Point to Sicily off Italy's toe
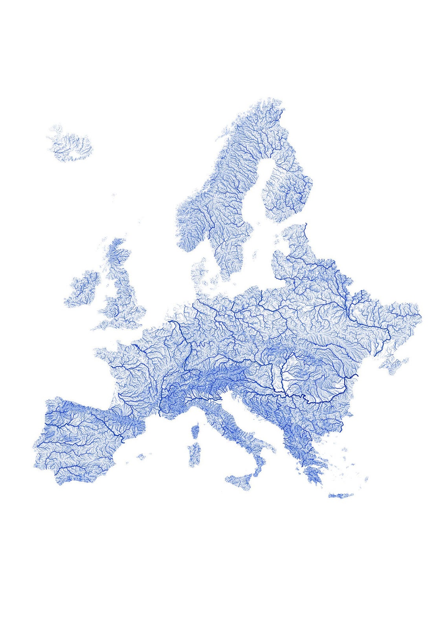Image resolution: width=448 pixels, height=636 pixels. pos(240,482)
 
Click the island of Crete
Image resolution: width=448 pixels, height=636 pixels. pos(340,496)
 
